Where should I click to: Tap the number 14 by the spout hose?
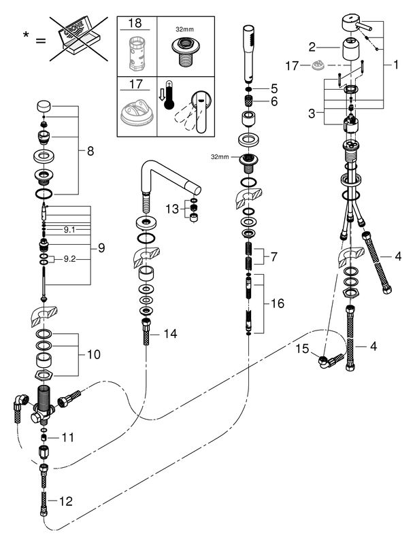point(171,335)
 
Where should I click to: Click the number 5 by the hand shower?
point(275,87)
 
